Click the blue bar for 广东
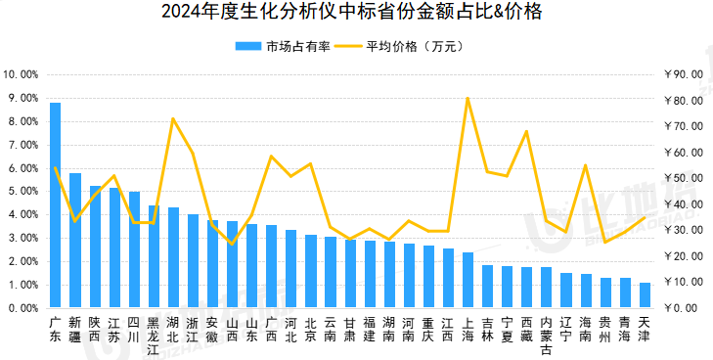[x=55, y=205]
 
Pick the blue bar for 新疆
[x=75, y=241]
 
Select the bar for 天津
[x=645, y=295]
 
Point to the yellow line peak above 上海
[x=468, y=98]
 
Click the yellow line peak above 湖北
[x=173, y=118]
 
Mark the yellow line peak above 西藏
[x=526, y=131]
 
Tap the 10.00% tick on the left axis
[x=21, y=74]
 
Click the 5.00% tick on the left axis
[x=22, y=192]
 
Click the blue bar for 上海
[x=468, y=280]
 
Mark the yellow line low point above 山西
[x=232, y=244]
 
